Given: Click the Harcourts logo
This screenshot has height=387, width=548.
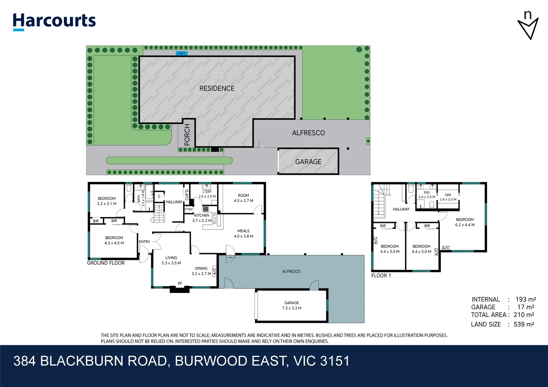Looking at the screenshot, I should tap(54, 21).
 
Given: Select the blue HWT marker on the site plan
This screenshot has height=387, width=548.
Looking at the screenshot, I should tap(182, 53).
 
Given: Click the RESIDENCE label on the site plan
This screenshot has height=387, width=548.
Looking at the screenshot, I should tap(217, 88).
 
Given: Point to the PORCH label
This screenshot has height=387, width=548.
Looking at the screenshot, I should tap(187, 135).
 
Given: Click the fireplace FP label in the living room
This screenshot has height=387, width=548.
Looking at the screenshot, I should tap(180, 283).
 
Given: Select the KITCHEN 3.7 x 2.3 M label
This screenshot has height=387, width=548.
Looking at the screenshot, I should tap(202, 218).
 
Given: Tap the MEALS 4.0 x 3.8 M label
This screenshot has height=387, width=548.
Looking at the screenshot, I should tap(243, 234).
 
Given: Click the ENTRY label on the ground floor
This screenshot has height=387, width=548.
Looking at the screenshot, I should tap(144, 242).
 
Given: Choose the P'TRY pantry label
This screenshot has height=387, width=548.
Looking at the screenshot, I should tap(189, 209).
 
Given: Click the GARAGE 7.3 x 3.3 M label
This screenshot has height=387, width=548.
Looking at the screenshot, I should tap(292, 305).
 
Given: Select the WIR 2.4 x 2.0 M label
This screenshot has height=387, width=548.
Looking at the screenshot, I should tap(448, 197).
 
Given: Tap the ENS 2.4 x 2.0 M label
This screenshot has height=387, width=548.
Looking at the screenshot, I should tap(427, 195).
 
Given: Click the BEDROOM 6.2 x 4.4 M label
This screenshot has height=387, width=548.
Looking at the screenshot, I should tap(465, 222).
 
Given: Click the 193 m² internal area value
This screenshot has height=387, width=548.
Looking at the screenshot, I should tap(525, 299).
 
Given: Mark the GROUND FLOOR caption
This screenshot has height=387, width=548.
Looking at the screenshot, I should tap(106, 263).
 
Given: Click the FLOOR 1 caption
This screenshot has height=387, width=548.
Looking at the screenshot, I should tap(381, 276).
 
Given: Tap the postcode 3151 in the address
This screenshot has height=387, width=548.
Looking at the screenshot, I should tap(335, 361).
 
